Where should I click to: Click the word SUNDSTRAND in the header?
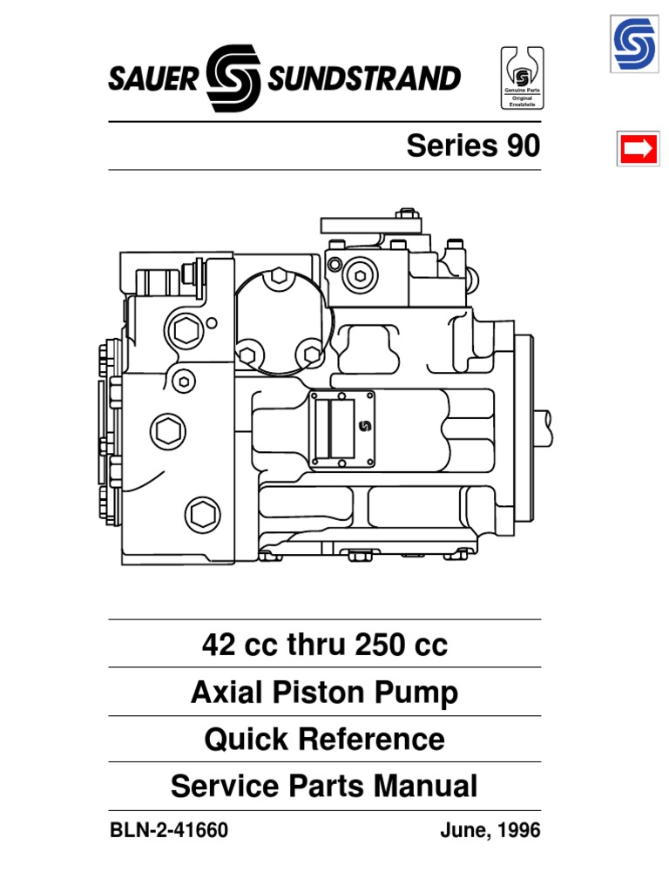(x=363, y=79)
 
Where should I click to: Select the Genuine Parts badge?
(x=522, y=79)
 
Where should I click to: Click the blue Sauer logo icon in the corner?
(x=637, y=44)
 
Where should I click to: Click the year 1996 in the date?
(x=520, y=831)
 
